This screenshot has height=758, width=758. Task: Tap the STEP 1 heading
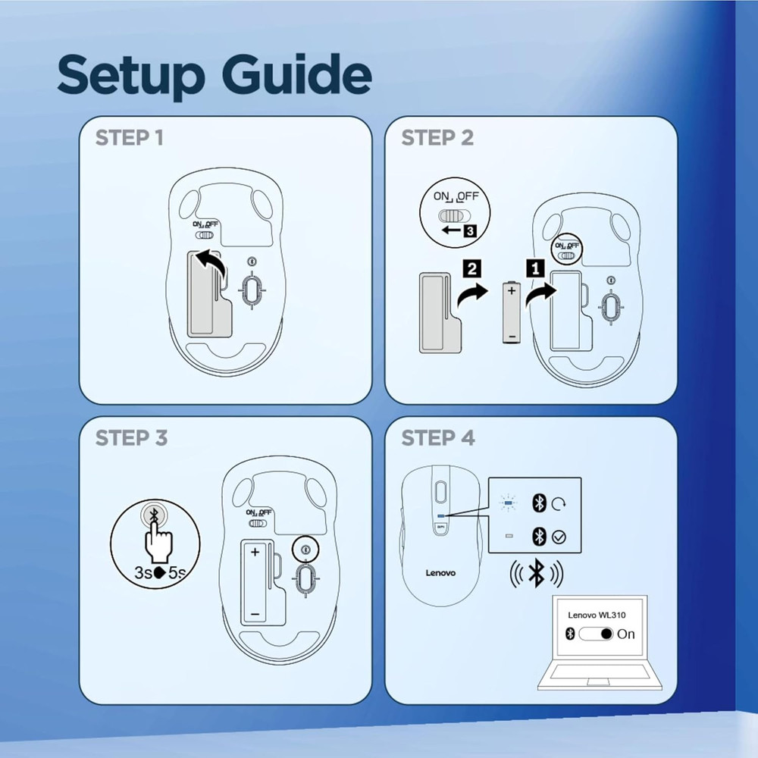(129, 139)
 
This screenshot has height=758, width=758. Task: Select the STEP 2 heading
(437, 139)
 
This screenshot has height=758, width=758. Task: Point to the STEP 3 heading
(131, 439)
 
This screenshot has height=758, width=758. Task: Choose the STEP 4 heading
(438, 439)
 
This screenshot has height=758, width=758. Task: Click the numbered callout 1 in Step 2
(535, 267)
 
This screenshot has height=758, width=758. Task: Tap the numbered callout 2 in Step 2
(471, 267)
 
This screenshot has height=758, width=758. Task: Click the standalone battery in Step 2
(511, 311)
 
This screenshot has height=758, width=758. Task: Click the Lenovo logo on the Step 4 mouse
(439, 573)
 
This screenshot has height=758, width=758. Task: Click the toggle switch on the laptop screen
(595, 634)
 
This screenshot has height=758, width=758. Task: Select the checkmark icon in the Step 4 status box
(559, 537)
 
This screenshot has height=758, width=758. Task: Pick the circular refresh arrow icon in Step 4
(559, 502)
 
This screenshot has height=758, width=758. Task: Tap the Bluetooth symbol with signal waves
(536, 575)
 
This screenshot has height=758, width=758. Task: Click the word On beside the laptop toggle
(626, 634)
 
